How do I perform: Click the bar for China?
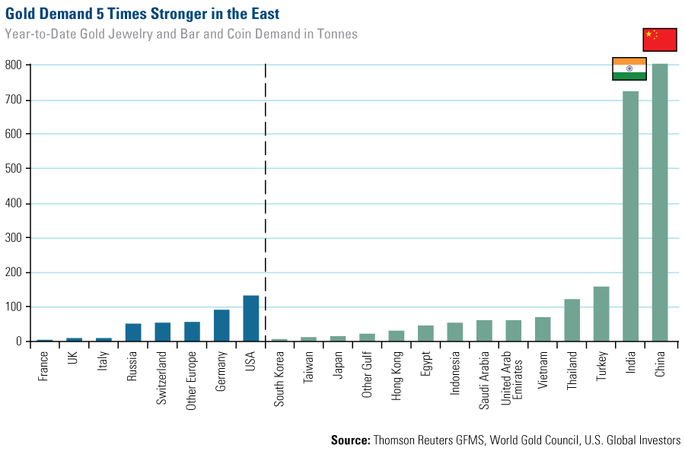[x=660, y=202]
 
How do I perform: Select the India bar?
[x=630, y=217]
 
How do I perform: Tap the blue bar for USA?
[x=251, y=318]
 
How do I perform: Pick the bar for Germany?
[x=221, y=326]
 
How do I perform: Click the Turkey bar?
[x=601, y=314]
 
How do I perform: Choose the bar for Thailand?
[x=572, y=320]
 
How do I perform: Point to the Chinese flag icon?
[x=659, y=39]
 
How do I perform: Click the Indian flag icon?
[x=629, y=68]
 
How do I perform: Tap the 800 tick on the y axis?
[x=13, y=65]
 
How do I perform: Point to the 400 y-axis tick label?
[x=13, y=204]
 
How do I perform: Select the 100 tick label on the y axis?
[x=13, y=307]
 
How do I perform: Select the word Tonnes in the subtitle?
[x=336, y=34]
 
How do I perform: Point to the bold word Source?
[x=351, y=440]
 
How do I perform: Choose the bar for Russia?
[x=133, y=332]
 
